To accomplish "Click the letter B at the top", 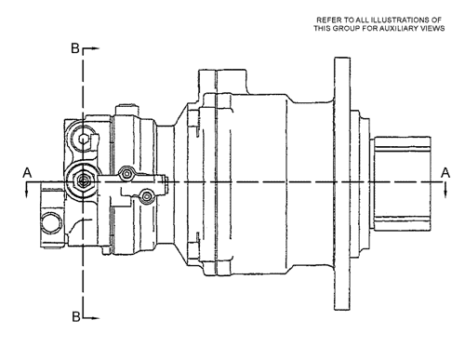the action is click(75, 48).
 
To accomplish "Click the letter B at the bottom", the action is click(76, 316).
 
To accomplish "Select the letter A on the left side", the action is click(27, 173).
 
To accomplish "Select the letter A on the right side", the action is click(445, 173).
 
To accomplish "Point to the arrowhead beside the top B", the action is click(96, 48).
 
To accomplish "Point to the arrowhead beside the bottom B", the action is click(96, 318).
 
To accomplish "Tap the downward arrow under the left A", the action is click(27, 190).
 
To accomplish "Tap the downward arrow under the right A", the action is click(445, 190).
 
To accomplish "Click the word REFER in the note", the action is click(326, 20).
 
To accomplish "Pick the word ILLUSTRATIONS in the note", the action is click(399, 20).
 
